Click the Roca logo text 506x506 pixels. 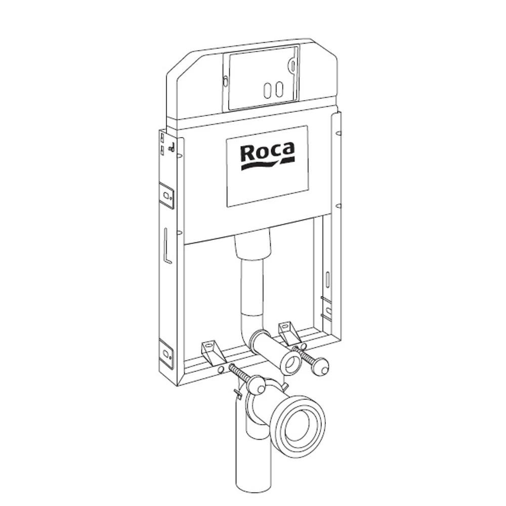pos(267,152)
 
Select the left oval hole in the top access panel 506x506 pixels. pos(268,91)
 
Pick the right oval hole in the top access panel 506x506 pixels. pos(279,90)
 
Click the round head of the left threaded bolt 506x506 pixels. pos(258,385)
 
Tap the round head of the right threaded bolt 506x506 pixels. pos(322,366)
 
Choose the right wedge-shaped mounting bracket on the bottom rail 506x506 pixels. pos(289,331)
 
